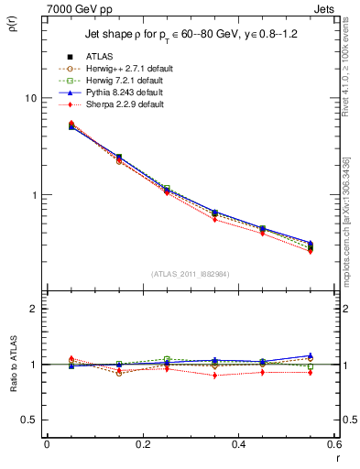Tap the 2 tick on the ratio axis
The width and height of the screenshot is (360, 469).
[x=34, y=309]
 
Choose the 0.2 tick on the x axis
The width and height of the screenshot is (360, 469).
[x=142, y=445]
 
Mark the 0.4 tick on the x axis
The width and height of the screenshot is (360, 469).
[x=238, y=445]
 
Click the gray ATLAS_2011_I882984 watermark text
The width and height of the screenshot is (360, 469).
[x=190, y=274]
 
